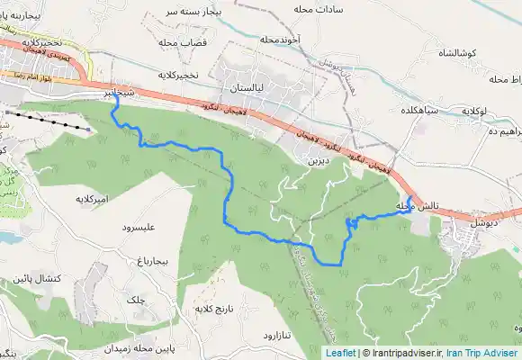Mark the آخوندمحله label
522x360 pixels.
(278, 40)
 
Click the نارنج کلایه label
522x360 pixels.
(214, 309)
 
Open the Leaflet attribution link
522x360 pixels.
(340, 353)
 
